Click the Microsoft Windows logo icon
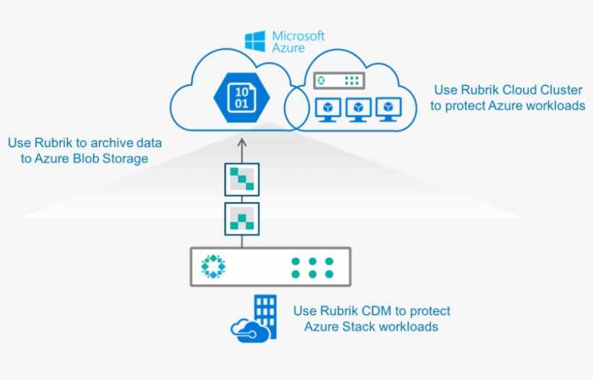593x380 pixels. point(255,40)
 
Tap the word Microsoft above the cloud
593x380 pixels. point(298,35)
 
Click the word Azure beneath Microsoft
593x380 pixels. point(288,48)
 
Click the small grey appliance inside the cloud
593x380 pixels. point(339,81)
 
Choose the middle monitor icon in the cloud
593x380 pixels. point(359,110)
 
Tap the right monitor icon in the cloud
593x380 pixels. point(389,110)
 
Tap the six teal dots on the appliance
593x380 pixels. point(312,267)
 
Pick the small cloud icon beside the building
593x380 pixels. point(247,329)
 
